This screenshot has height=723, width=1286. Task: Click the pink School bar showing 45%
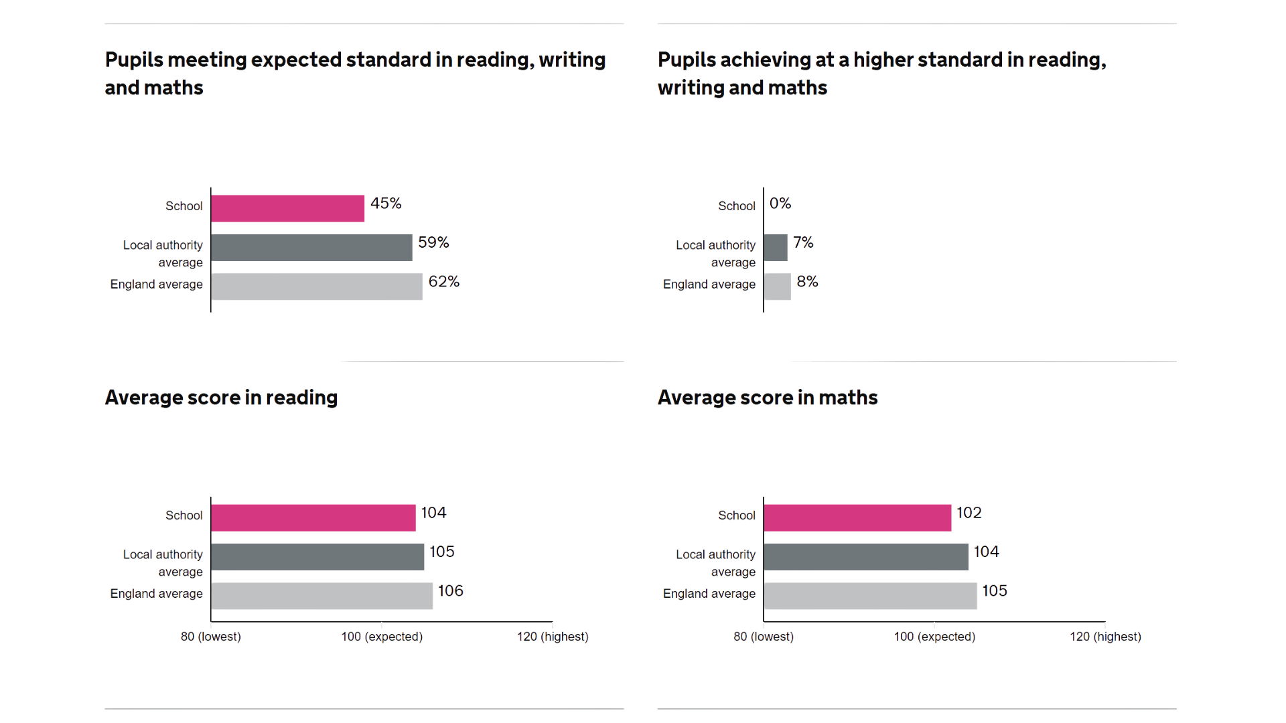pyautogui.click(x=287, y=208)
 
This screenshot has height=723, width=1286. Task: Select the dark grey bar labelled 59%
pyautogui.click(x=311, y=248)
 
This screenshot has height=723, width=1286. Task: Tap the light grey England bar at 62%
pyautogui.click(x=316, y=287)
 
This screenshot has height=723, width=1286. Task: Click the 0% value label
pyautogui.click(x=780, y=204)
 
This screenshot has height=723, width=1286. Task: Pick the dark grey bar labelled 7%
pyautogui.click(x=776, y=248)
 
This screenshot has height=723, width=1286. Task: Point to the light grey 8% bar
pyautogui.click(x=778, y=287)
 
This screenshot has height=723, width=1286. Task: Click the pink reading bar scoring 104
pyautogui.click(x=313, y=517)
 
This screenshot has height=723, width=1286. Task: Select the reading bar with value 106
pyautogui.click(x=321, y=596)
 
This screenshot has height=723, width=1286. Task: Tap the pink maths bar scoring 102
pyautogui.click(x=857, y=517)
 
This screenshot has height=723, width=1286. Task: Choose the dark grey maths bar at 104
pyautogui.click(x=866, y=557)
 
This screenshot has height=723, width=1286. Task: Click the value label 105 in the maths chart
pyautogui.click(x=995, y=591)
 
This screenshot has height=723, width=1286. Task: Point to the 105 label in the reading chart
pyautogui.click(x=442, y=552)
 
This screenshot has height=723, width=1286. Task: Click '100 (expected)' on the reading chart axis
pyautogui.click(x=382, y=637)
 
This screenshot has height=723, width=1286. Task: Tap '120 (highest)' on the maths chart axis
pyautogui.click(x=1105, y=637)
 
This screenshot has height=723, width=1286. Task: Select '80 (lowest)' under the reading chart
pyautogui.click(x=210, y=637)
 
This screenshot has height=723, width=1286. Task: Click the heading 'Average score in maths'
pyautogui.click(x=768, y=398)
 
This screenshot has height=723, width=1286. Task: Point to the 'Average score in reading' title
pyautogui.click(x=221, y=398)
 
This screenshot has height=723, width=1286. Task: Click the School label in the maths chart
pyautogui.click(x=736, y=515)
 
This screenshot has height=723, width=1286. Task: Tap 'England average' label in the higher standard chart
pyautogui.click(x=709, y=285)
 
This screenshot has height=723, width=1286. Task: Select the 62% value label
pyautogui.click(x=444, y=282)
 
